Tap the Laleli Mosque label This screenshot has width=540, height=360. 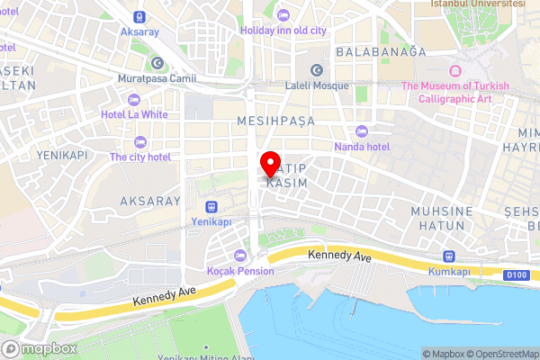316,87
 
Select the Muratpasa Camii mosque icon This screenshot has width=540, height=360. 157,63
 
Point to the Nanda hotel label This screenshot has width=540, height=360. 362,147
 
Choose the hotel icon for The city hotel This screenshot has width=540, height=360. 139,141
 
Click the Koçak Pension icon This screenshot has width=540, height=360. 238,256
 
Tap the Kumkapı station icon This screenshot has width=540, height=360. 449,256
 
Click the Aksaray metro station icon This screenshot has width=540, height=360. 139,16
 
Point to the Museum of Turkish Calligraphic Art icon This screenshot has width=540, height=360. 454,71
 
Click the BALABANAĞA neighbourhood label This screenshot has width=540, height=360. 381,52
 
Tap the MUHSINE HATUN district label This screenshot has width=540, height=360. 442,218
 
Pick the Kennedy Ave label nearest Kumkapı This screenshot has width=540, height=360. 339,256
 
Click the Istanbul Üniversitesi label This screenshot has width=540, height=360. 477,4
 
